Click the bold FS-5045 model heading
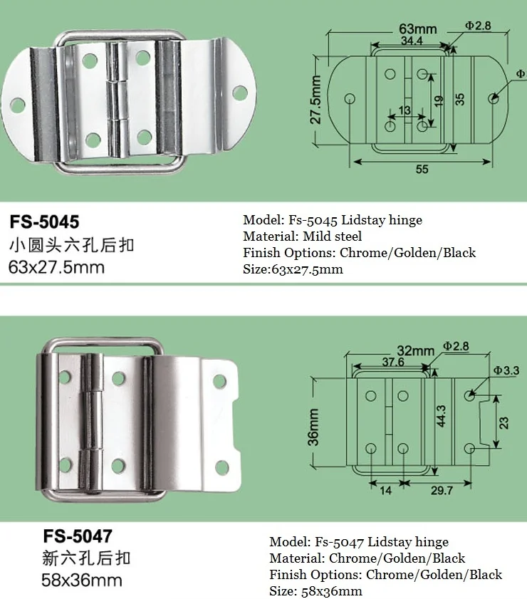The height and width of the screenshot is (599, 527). pos(43,221)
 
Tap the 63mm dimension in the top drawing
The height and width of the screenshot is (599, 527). pos(417,29)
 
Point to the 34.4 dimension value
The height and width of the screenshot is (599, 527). pos(411,42)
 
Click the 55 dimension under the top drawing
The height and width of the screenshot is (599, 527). pos(422,170)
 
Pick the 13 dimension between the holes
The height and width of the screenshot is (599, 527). pos(405,110)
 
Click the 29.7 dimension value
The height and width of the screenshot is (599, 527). pos(442,491)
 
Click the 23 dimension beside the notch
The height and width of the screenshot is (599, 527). pos(504,422)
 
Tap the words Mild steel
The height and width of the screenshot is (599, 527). pos(334,236)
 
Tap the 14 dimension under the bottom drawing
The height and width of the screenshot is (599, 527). pos(386,491)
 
